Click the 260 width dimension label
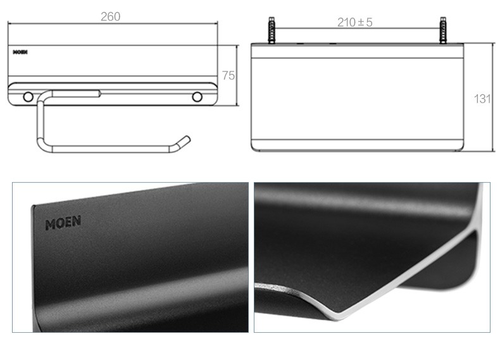coord(110,16)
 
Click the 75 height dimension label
coord(228,75)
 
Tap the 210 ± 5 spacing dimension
coord(354,22)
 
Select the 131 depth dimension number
coord(482,99)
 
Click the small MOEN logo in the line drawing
coord(20,52)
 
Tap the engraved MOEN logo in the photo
coord(63,223)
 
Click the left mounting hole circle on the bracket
coord(28,97)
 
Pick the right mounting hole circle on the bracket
coord(197,97)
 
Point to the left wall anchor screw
coord(272,30)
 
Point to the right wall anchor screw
coord(443,30)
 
